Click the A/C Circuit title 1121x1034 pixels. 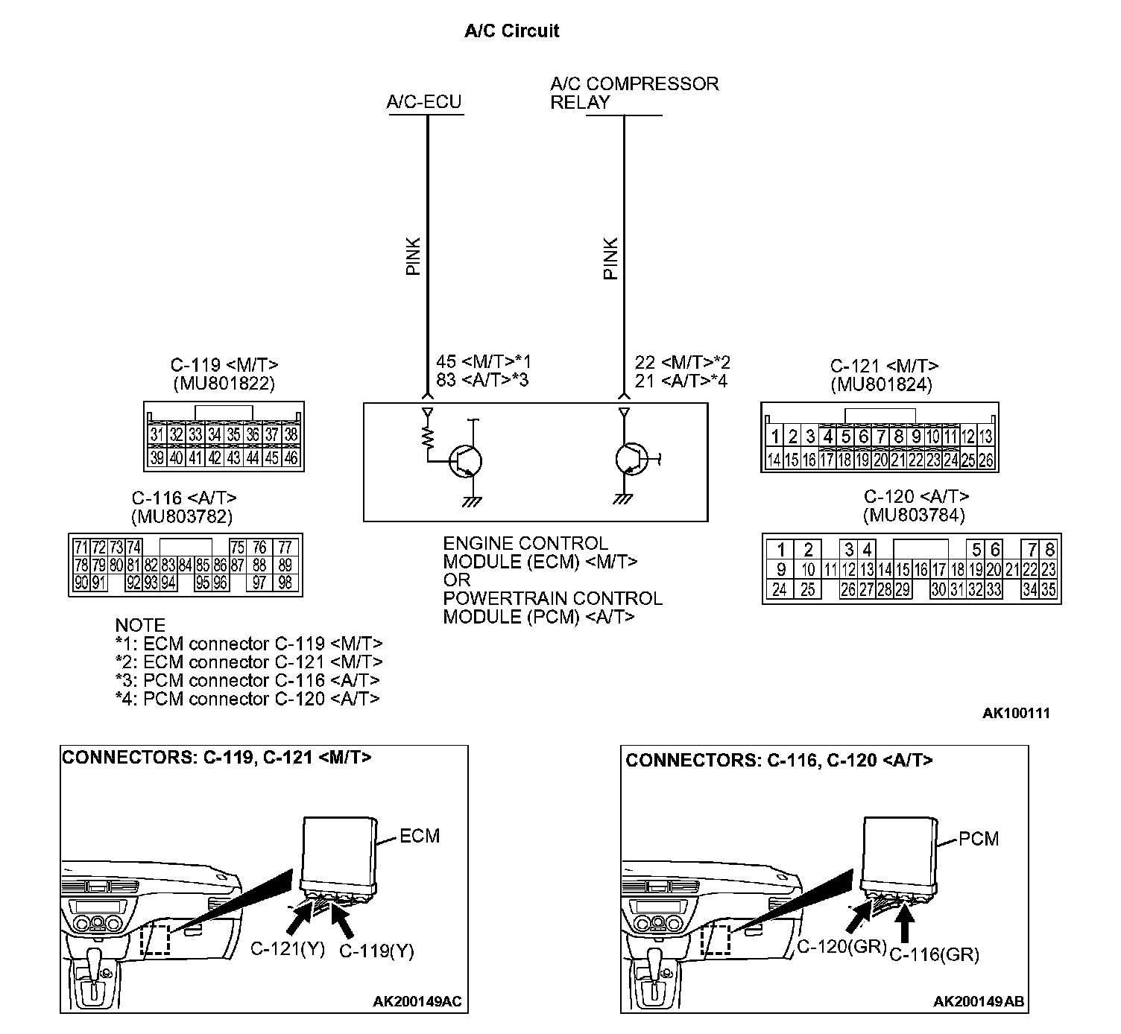point(511,31)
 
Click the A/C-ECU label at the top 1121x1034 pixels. point(423,102)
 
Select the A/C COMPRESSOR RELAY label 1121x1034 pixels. point(634,93)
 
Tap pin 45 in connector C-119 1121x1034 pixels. point(273,457)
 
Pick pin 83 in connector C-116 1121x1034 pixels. point(168,565)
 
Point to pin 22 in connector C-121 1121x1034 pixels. point(915,460)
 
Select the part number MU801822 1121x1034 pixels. point(224,384)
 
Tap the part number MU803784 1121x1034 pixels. point(913,515)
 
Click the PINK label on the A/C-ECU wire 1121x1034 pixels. point(414,256)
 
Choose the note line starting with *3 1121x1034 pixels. point(247,680)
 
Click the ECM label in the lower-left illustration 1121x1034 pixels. point(420,836)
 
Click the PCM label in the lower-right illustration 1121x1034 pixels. point(978,839)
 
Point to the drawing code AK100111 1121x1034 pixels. point(1016,713)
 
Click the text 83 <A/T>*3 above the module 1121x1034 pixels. point(481,381)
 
